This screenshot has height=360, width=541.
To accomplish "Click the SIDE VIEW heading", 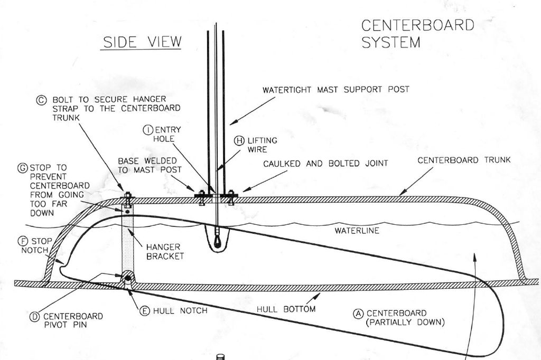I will tap(142, 42).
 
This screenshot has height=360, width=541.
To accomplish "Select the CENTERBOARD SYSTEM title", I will tap(417, 33).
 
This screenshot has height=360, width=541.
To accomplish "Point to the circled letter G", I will tap(23, 168).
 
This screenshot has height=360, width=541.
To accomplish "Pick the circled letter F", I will tap(23, 241).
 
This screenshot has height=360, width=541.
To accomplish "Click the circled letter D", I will tap(35, 316).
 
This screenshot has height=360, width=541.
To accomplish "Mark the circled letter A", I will tap(358, 312).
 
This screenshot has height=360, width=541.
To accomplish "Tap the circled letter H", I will tap(240, 140).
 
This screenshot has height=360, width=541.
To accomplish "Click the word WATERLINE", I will tap(357, 231).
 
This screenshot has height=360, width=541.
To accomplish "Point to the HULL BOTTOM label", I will tap(286, 309).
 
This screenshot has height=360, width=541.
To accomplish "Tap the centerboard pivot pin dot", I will tap(128, 278).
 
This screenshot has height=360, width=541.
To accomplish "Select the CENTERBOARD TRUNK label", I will tap(464, 159).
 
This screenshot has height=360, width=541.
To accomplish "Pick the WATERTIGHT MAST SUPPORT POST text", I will tap(335, 90).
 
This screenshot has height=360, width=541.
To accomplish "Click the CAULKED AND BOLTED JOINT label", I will tap(325, 164).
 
